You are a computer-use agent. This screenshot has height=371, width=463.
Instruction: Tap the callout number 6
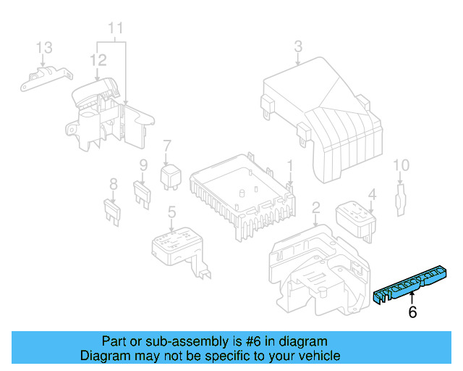412,312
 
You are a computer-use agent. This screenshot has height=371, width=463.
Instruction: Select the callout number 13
44,48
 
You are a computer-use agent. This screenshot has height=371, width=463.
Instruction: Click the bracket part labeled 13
46,78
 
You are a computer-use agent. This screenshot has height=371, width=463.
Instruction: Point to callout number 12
98,60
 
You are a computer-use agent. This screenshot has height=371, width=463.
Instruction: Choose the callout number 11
116,28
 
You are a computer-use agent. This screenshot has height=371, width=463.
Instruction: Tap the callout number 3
298,46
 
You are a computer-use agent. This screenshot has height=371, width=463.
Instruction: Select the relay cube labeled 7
171,176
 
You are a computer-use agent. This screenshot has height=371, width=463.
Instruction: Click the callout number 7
167,146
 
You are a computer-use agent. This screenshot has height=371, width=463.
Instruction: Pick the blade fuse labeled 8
112,212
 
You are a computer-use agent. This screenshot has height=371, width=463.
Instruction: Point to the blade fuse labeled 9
143,195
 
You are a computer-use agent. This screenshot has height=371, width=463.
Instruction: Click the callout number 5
171,212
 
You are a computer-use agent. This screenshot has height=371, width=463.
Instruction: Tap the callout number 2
316,208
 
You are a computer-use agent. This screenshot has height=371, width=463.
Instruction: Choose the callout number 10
402,165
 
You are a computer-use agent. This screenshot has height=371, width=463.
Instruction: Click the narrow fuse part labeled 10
400,200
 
